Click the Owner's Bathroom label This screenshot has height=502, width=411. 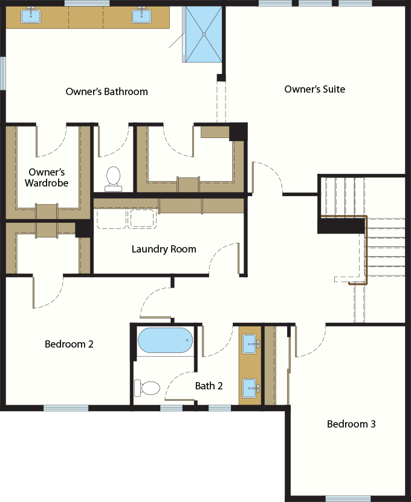click(x=106, y=92)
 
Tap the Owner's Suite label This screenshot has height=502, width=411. click(x=315, y=90)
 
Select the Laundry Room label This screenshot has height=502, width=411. click(x=164, y=249)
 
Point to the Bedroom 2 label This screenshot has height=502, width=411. click(x=69, y=344)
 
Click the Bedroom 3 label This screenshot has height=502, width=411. click(x=351, y=424)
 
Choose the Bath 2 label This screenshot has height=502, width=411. click(x=209, y=386)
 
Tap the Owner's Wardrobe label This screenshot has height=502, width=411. click(x=47, y=177)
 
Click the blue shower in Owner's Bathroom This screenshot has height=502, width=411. click(x=204, y=33)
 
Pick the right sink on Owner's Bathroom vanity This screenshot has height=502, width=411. click(x=141, y=16)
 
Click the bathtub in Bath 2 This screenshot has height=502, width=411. click(x=164, y=340)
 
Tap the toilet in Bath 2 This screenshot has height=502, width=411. click(x=147, y=387)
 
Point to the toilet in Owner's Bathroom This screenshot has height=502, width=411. click(x=113, y=177)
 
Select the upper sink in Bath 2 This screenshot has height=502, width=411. click(x=250, y=345)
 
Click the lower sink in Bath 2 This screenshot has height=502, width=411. click(x=250, y=387)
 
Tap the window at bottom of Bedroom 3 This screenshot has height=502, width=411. click(x=348, y=498)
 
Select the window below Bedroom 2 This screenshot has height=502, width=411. click(x=66, y=408)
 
